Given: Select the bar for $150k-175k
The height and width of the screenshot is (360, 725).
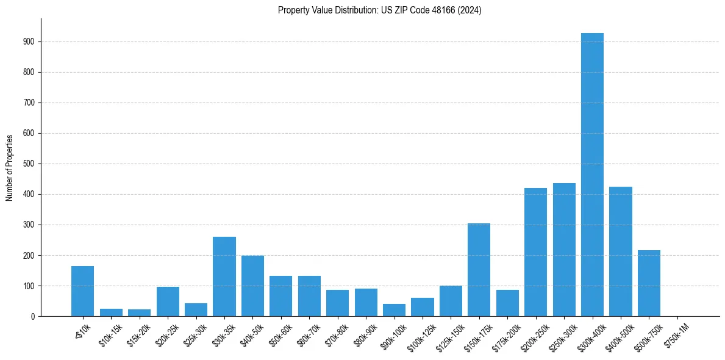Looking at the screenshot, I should [x=479, y=270].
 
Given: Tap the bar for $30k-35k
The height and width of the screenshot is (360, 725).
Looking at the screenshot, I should [x=224, y=276].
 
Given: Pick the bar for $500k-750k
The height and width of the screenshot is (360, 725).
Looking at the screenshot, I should [x=649, y=283].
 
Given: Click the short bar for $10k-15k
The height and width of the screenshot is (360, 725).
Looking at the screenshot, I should [x=111, y=312].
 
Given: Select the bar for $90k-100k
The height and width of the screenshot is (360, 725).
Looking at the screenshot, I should [x=394, y=310].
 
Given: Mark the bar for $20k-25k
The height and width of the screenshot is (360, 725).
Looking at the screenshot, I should [x=168, y=301].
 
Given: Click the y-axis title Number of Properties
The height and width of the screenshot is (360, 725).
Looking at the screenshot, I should [x=10, y=167].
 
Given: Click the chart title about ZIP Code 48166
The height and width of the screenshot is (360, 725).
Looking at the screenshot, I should [x=379, y=10].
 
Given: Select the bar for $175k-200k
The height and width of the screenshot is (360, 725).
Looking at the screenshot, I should [x=507, y=303].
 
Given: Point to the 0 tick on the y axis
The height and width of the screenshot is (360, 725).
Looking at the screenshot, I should [x=33, y=317].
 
